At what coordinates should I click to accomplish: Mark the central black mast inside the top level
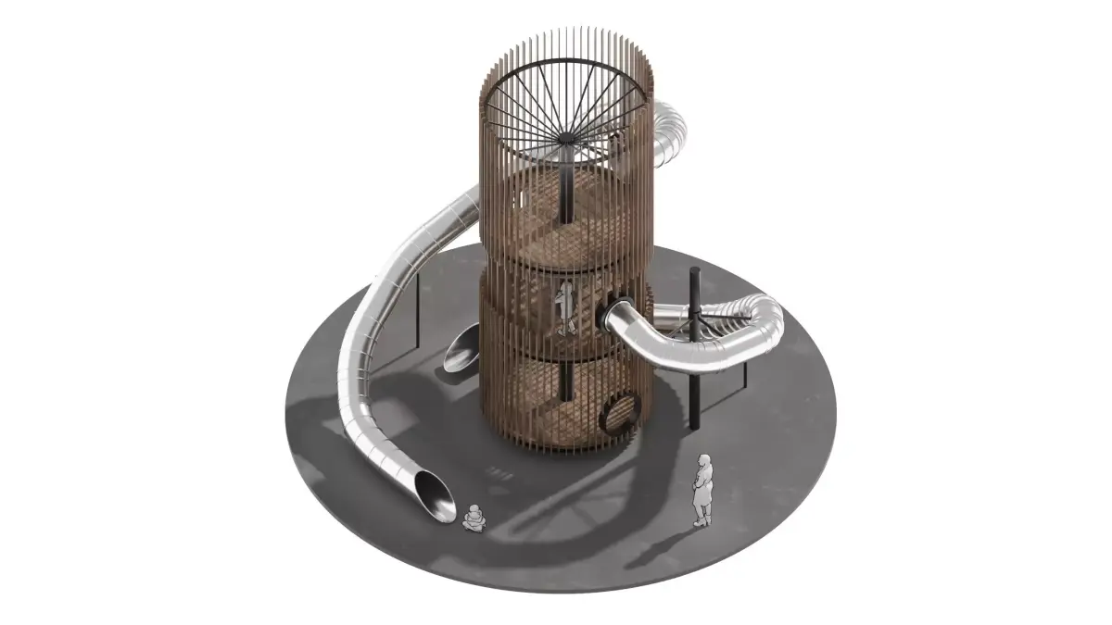tap(564, 194)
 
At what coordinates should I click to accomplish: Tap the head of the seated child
tap(474, 508)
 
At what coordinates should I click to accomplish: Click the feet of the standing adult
tap(700, 524)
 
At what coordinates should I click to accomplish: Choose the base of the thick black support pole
tap(693, 425)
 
